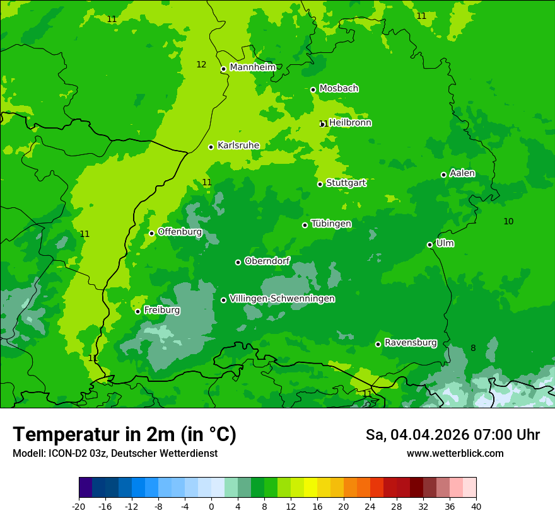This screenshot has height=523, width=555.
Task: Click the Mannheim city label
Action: click(252, 67)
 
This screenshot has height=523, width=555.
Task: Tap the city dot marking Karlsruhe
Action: click(211, 147)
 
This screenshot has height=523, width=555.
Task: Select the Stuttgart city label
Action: click(346, 183)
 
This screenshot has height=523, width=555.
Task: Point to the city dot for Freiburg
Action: click(137, 311)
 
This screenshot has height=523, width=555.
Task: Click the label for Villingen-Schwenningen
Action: click(282, 299)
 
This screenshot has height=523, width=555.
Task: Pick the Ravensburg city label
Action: click(410, 343)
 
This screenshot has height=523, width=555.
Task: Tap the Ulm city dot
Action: click(429, 244)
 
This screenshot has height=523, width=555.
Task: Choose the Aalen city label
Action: click(462, 173)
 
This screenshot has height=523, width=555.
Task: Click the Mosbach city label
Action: click(338, 88)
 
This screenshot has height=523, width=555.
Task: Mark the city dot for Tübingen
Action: click(305, 225)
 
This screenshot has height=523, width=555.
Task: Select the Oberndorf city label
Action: click(267, 261)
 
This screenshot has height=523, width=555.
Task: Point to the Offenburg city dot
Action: click(151, 233)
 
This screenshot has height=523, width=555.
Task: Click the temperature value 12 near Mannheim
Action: click(201, 64)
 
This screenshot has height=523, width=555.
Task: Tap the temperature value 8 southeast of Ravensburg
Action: click(473, 348)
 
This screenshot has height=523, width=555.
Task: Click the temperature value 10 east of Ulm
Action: click(508, 221)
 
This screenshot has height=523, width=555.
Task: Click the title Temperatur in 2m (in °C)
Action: click(124, 435)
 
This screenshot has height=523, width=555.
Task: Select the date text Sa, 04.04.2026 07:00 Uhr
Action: click(452, 435)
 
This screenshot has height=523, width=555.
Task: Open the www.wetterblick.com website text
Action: click(455, 454)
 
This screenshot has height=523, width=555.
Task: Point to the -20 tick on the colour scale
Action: click(79, 507)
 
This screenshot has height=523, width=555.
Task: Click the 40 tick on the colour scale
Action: click(476, 507)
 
